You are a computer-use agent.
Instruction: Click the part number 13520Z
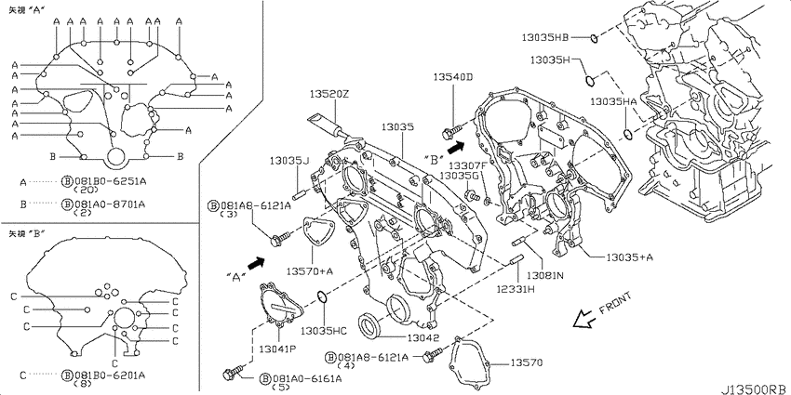[329, 94]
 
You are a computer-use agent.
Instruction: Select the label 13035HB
[545, 37]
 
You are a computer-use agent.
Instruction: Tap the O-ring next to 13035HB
[594, 37]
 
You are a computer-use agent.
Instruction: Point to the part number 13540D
[453, 76]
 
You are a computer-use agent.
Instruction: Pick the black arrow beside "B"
[456, 147]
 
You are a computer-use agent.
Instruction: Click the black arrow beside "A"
[256, 264]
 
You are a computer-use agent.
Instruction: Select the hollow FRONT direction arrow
[584, 319]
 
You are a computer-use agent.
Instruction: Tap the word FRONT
[615, 303]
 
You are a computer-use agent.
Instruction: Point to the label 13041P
[278, 349]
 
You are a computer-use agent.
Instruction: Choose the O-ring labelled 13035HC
[321, 298]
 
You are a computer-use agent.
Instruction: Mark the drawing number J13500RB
[756, 389]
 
